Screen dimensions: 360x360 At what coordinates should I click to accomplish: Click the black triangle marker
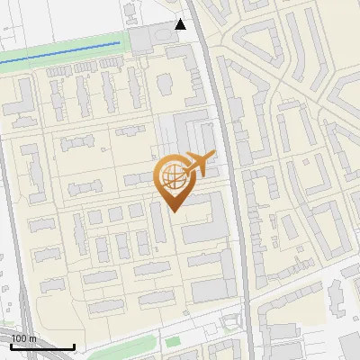pyautogui.click(x=181, y=24)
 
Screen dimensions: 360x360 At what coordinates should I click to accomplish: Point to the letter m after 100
pyautogui.click(x=31, y=338)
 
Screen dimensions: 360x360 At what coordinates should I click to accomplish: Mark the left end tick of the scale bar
pyautogui.click(x=12, y=346)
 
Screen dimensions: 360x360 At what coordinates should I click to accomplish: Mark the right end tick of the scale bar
pyautogui.click(x=74, y=346)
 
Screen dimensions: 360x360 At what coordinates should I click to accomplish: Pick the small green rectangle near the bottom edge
pyautogui.click(x=172, y=342)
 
